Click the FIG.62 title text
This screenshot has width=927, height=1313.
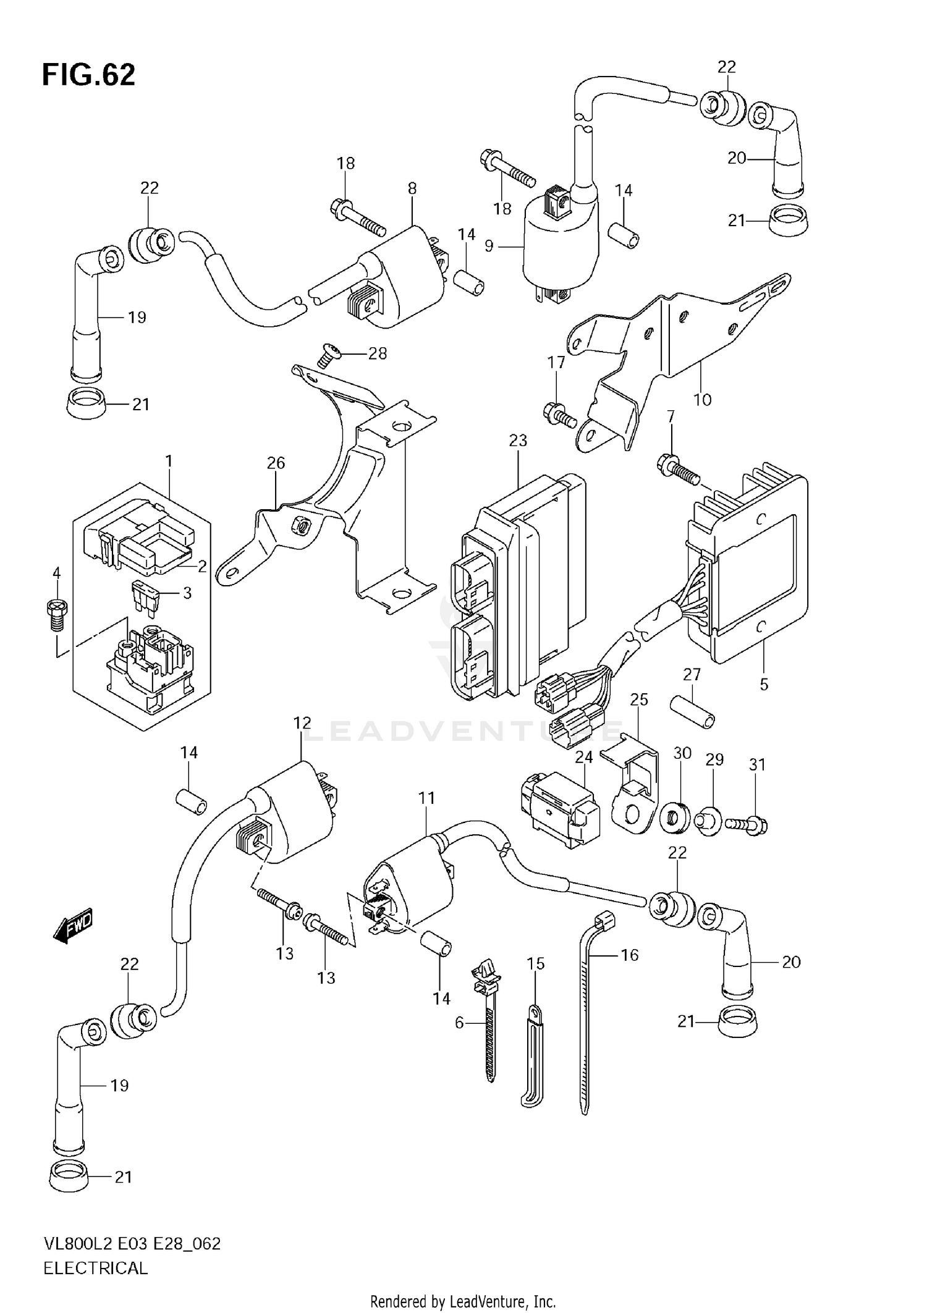(x=88, y=75)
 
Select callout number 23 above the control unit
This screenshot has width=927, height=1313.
(x=518, y=441)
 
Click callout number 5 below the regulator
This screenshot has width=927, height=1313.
(x=764, y=684)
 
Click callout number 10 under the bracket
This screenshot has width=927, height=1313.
(x=703, y=400)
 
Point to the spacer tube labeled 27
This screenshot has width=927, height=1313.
(x=693, y=711)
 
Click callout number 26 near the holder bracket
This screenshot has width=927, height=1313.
(x=276, y=462)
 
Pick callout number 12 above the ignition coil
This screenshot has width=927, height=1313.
(x=302, y=722)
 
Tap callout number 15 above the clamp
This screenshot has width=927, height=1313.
(x=536, y=963)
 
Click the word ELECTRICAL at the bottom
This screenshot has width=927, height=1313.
(x=96, y=1268)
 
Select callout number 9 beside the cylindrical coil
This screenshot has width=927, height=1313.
(x=489, y=246)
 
